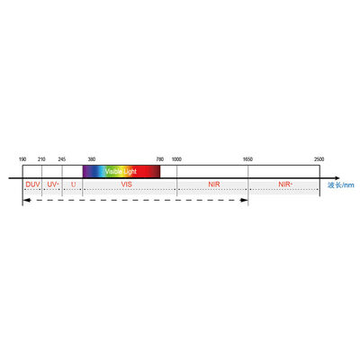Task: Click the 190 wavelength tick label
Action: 23,159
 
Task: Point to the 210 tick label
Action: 41,159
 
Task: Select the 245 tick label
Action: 61,159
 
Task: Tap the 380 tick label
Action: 91,159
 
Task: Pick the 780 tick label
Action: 159,159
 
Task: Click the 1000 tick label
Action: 176,159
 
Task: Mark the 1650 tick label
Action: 247,159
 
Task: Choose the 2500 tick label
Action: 319,159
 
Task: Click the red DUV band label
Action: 32,184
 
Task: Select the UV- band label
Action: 52,184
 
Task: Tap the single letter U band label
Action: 72,184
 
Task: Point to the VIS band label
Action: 127,184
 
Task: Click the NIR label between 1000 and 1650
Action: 212,184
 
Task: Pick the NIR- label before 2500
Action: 284,184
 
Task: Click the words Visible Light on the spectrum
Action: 121,171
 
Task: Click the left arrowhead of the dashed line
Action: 26,199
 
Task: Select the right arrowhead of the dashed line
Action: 245,199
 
